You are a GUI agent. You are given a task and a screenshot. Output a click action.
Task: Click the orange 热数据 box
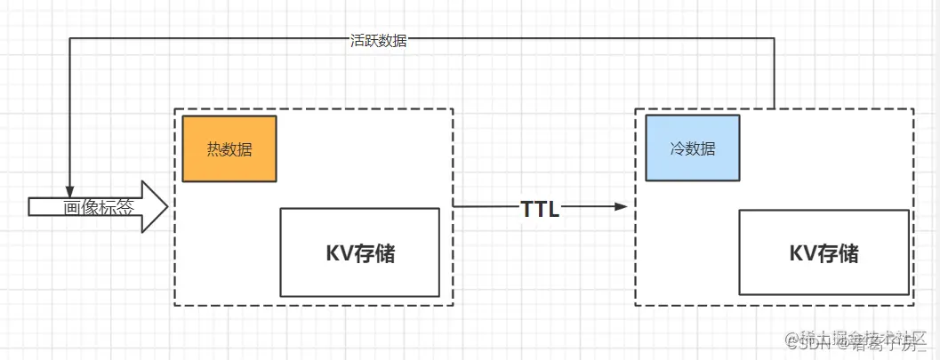click(x=229, y=148)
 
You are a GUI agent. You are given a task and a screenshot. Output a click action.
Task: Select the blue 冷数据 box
click(x=692, y=148)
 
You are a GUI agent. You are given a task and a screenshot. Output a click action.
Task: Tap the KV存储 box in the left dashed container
click(x=359, y=252)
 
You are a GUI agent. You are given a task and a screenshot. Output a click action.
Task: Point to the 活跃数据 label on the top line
click(x=378, y=40)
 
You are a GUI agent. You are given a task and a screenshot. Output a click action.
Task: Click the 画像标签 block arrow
click(x=98, y=207)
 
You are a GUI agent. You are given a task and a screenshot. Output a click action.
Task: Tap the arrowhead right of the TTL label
click(x=621, y=207)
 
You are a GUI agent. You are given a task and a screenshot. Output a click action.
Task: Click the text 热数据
click(x=229, y=149)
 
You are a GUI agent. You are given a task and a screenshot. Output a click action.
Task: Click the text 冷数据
click(x=692, y=149)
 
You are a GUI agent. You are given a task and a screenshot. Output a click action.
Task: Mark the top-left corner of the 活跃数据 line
click(x=69, y=39)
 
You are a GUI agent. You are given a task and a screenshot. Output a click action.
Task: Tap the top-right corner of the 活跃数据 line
click(x=775, y=39)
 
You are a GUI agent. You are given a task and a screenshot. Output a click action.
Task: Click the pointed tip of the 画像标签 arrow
click(x=166, y=207)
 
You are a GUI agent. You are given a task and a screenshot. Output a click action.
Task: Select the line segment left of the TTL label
click(x=485, y=207)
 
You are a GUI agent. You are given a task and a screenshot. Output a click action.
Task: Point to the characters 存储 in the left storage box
click(x=375, y=253)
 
